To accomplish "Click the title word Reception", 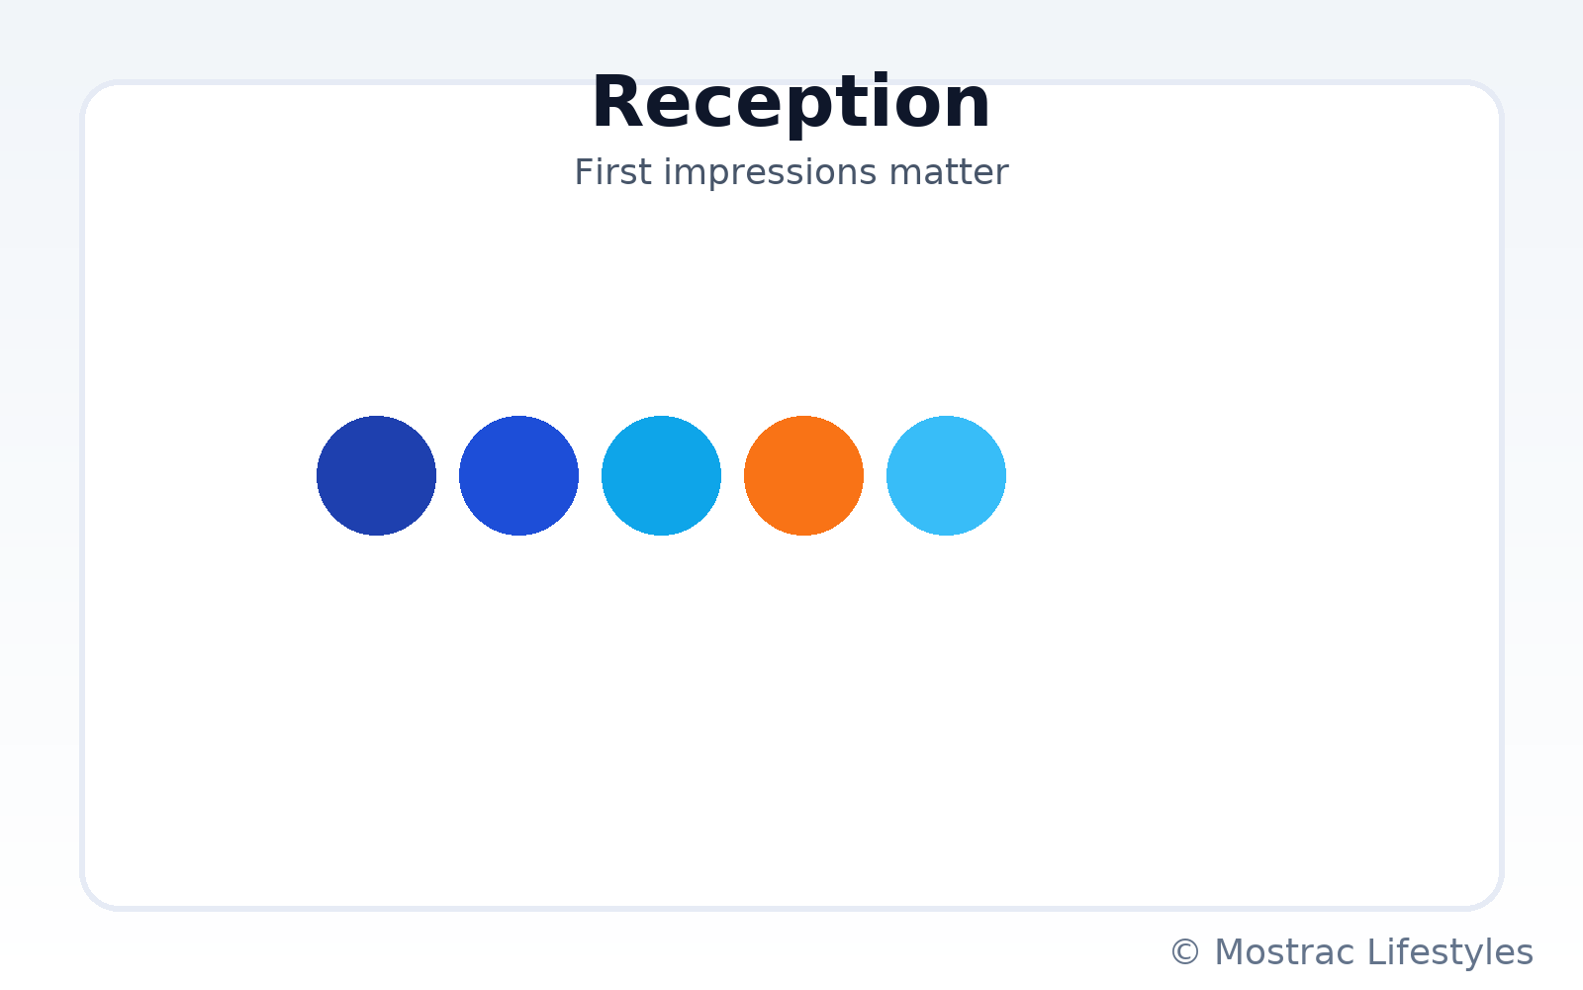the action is pyautogui.click(x=791, y=103).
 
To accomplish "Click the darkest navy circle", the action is pyautogui.click(x=376, y=476).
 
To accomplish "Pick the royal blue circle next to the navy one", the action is pyautogui.click(x=518, y=476).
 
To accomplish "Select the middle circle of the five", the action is pyautogui.click(x=662, y=476).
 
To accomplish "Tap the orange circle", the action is pyautogui.click(x=803, y=476).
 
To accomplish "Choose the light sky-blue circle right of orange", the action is pyautogui.click(x=946, y=476).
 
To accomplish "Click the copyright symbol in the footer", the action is pyautogui.click(x=1185, y=951).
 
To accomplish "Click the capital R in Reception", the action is pyautogui.click(x=617, y=103).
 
